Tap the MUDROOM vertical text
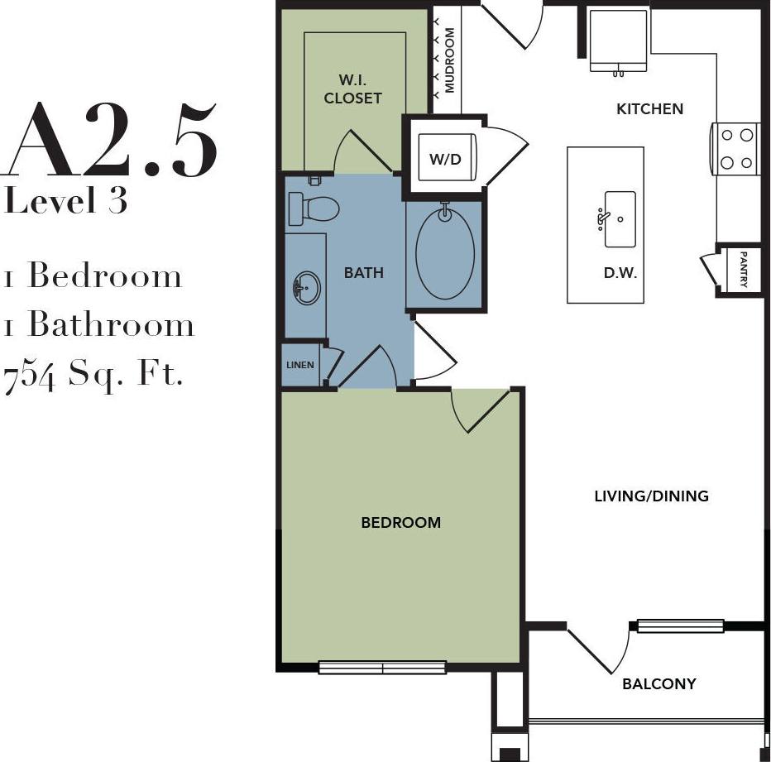[x=450, y=60]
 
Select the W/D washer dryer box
[x=445, y=158]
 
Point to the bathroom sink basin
[x=305, y=290]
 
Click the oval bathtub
[x=444, y=253]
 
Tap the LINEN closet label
[x=299, y=364]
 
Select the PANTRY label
[x=744, y=270]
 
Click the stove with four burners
[x=736, y=149]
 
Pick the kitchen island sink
[x=619, y=219]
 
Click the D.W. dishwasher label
[x=620, y=273]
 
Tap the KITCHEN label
[x=650, y=108]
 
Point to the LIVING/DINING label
[x=651, y=496]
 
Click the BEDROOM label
[x=400, y=522]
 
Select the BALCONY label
[x=658, y=684]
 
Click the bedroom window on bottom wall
[x=382, y=667]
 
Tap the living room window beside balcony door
[x=680, y=626]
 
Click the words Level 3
[x=66, y=201]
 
